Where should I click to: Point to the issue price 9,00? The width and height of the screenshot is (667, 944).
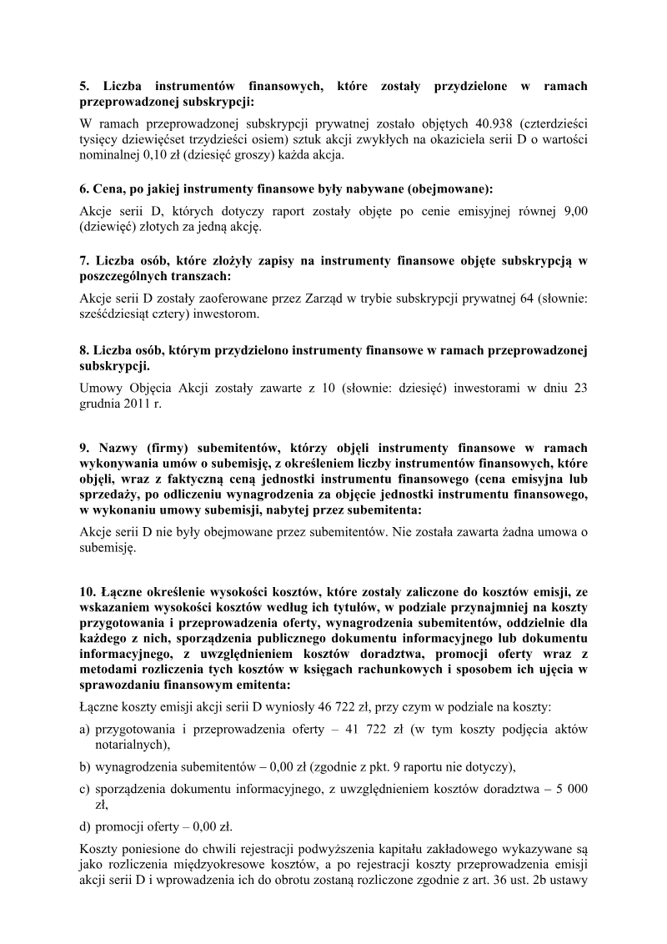click(574, 211)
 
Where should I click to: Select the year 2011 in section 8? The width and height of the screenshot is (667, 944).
click(135, 404)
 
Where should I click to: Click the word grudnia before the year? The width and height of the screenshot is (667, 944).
click(99, 404)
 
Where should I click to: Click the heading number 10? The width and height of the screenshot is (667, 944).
click(87, 593)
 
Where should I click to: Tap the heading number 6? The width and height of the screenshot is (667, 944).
click(83, 188)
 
